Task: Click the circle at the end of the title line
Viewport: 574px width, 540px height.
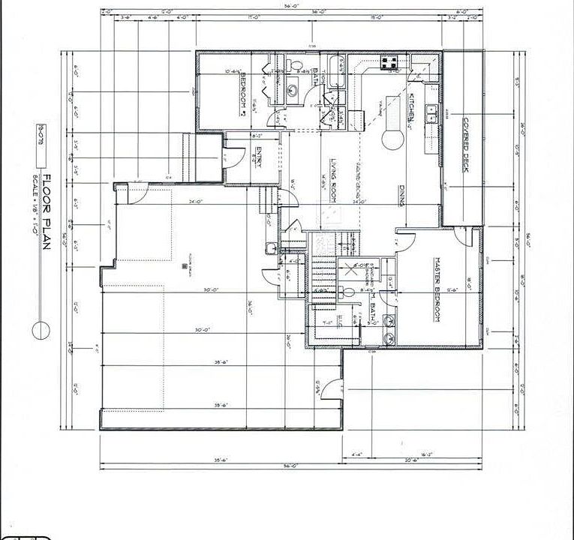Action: tap(41, 329)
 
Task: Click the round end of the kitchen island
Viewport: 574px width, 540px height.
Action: tap(391, 139)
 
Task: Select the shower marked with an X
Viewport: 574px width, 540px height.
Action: tap(349, 271)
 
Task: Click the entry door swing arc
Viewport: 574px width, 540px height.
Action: tap(230, 157)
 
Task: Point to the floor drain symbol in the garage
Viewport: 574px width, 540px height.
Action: tap(183, 265)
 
